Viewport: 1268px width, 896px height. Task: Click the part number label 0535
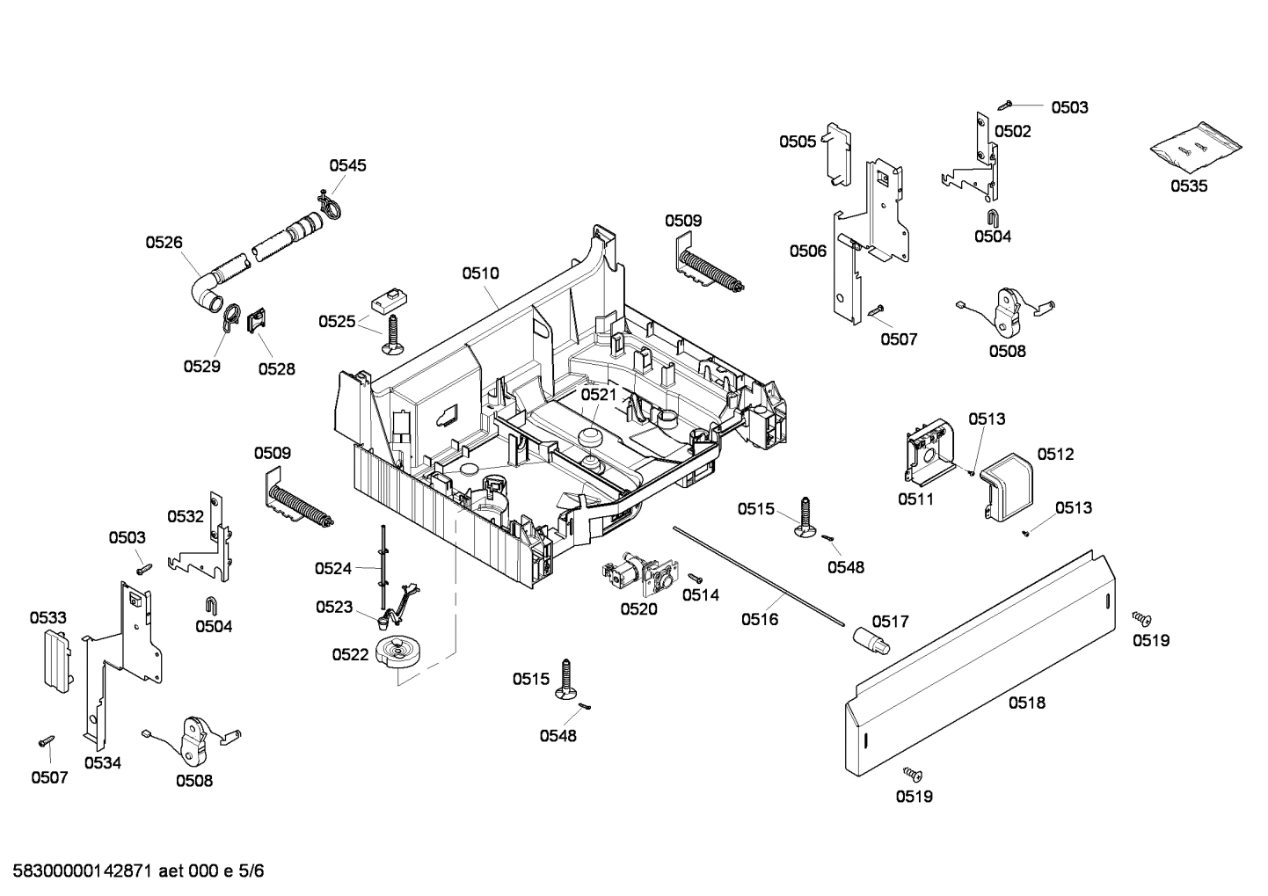click(1188, 186)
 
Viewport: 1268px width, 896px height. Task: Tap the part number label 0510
click(480, 273)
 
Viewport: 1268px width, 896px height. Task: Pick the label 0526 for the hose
click(164, 242)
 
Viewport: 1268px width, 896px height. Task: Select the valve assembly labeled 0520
click(631, 574)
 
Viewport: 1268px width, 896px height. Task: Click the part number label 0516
click(759, 619)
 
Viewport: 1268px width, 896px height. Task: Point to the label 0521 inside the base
click(599, 395)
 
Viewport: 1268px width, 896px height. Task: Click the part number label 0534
click(103, 762)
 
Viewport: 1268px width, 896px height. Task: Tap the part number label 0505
click(797, 141)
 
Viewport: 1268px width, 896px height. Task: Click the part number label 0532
click(186, 516)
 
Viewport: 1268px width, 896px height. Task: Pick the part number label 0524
click(333, 569)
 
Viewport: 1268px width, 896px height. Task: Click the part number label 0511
click(915, 499)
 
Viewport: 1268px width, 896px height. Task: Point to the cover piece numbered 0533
click(56, 660)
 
